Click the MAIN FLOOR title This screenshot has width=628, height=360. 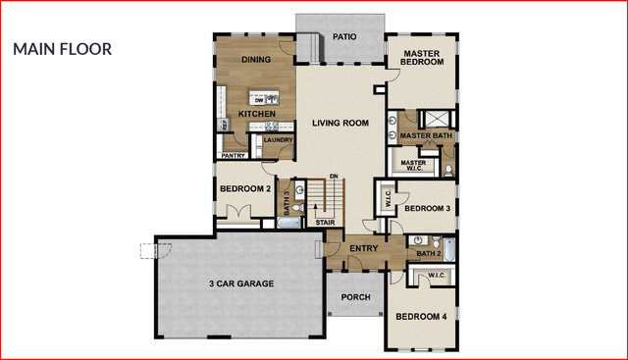click(x=63, y=49)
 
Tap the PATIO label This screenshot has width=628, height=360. click(x=344, y=37)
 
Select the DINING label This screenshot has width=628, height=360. click(x=256, y=60)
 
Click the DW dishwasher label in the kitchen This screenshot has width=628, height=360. click(x=259, y=100)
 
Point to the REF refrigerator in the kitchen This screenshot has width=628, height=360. click(x=224, y=125)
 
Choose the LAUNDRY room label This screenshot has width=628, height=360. click(x=278, y=139)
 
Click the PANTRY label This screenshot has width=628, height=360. click(x=234, y=155)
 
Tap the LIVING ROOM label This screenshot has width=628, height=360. click(x=340, y=123)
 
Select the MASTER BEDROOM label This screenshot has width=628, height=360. click(x=422, y=58)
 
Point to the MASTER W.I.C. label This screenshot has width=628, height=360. click(x=413, y=166)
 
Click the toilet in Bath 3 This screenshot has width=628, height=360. click(x=296, y=207)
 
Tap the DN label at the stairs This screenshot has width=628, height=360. click(x=334, y=177)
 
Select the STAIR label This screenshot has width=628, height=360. click(x=325, y=223)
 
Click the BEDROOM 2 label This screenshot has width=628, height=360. click(x=245, y=188)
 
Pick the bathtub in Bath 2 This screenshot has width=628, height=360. click(x=449, y=249)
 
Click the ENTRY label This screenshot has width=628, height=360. click(x=364, y=248)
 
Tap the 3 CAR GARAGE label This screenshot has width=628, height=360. click(x=241, y=283)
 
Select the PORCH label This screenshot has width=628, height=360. click(x=355, y=297)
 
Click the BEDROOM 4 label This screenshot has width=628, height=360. click(x=421, y=317)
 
